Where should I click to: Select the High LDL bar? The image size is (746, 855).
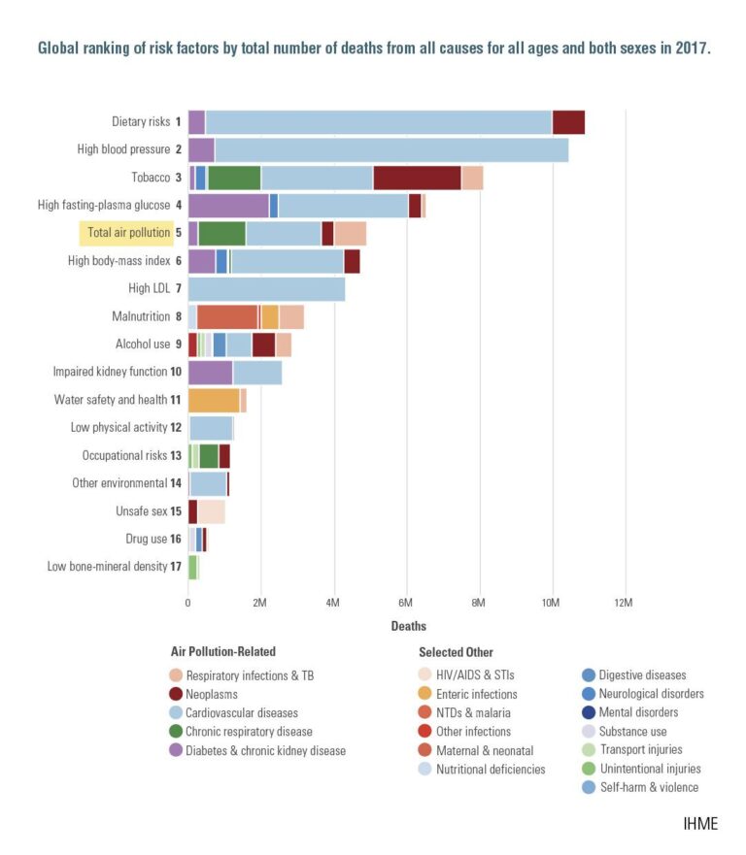[266, 288]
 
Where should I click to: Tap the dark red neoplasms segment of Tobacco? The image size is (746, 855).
[417, 178]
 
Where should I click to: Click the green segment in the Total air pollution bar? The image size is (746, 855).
[221, 233]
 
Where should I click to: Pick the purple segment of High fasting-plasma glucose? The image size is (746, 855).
[228, 206]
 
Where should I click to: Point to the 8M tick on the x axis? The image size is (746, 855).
[479, 603]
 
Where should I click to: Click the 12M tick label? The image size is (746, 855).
[624, 603]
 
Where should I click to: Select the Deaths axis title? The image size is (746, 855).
[408, 626]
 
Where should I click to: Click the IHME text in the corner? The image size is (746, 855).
[699, 824]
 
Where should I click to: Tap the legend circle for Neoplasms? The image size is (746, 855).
[176, 695]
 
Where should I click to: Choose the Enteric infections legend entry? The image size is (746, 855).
[475, 695]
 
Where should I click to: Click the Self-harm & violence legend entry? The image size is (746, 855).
[638, 787]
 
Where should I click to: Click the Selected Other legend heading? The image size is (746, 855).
[456, 652]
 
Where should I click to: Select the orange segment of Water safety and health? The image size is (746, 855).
[214, 400]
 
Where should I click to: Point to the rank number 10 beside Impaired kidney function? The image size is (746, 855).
[176, 372]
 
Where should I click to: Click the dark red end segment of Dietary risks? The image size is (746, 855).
[568, 122]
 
